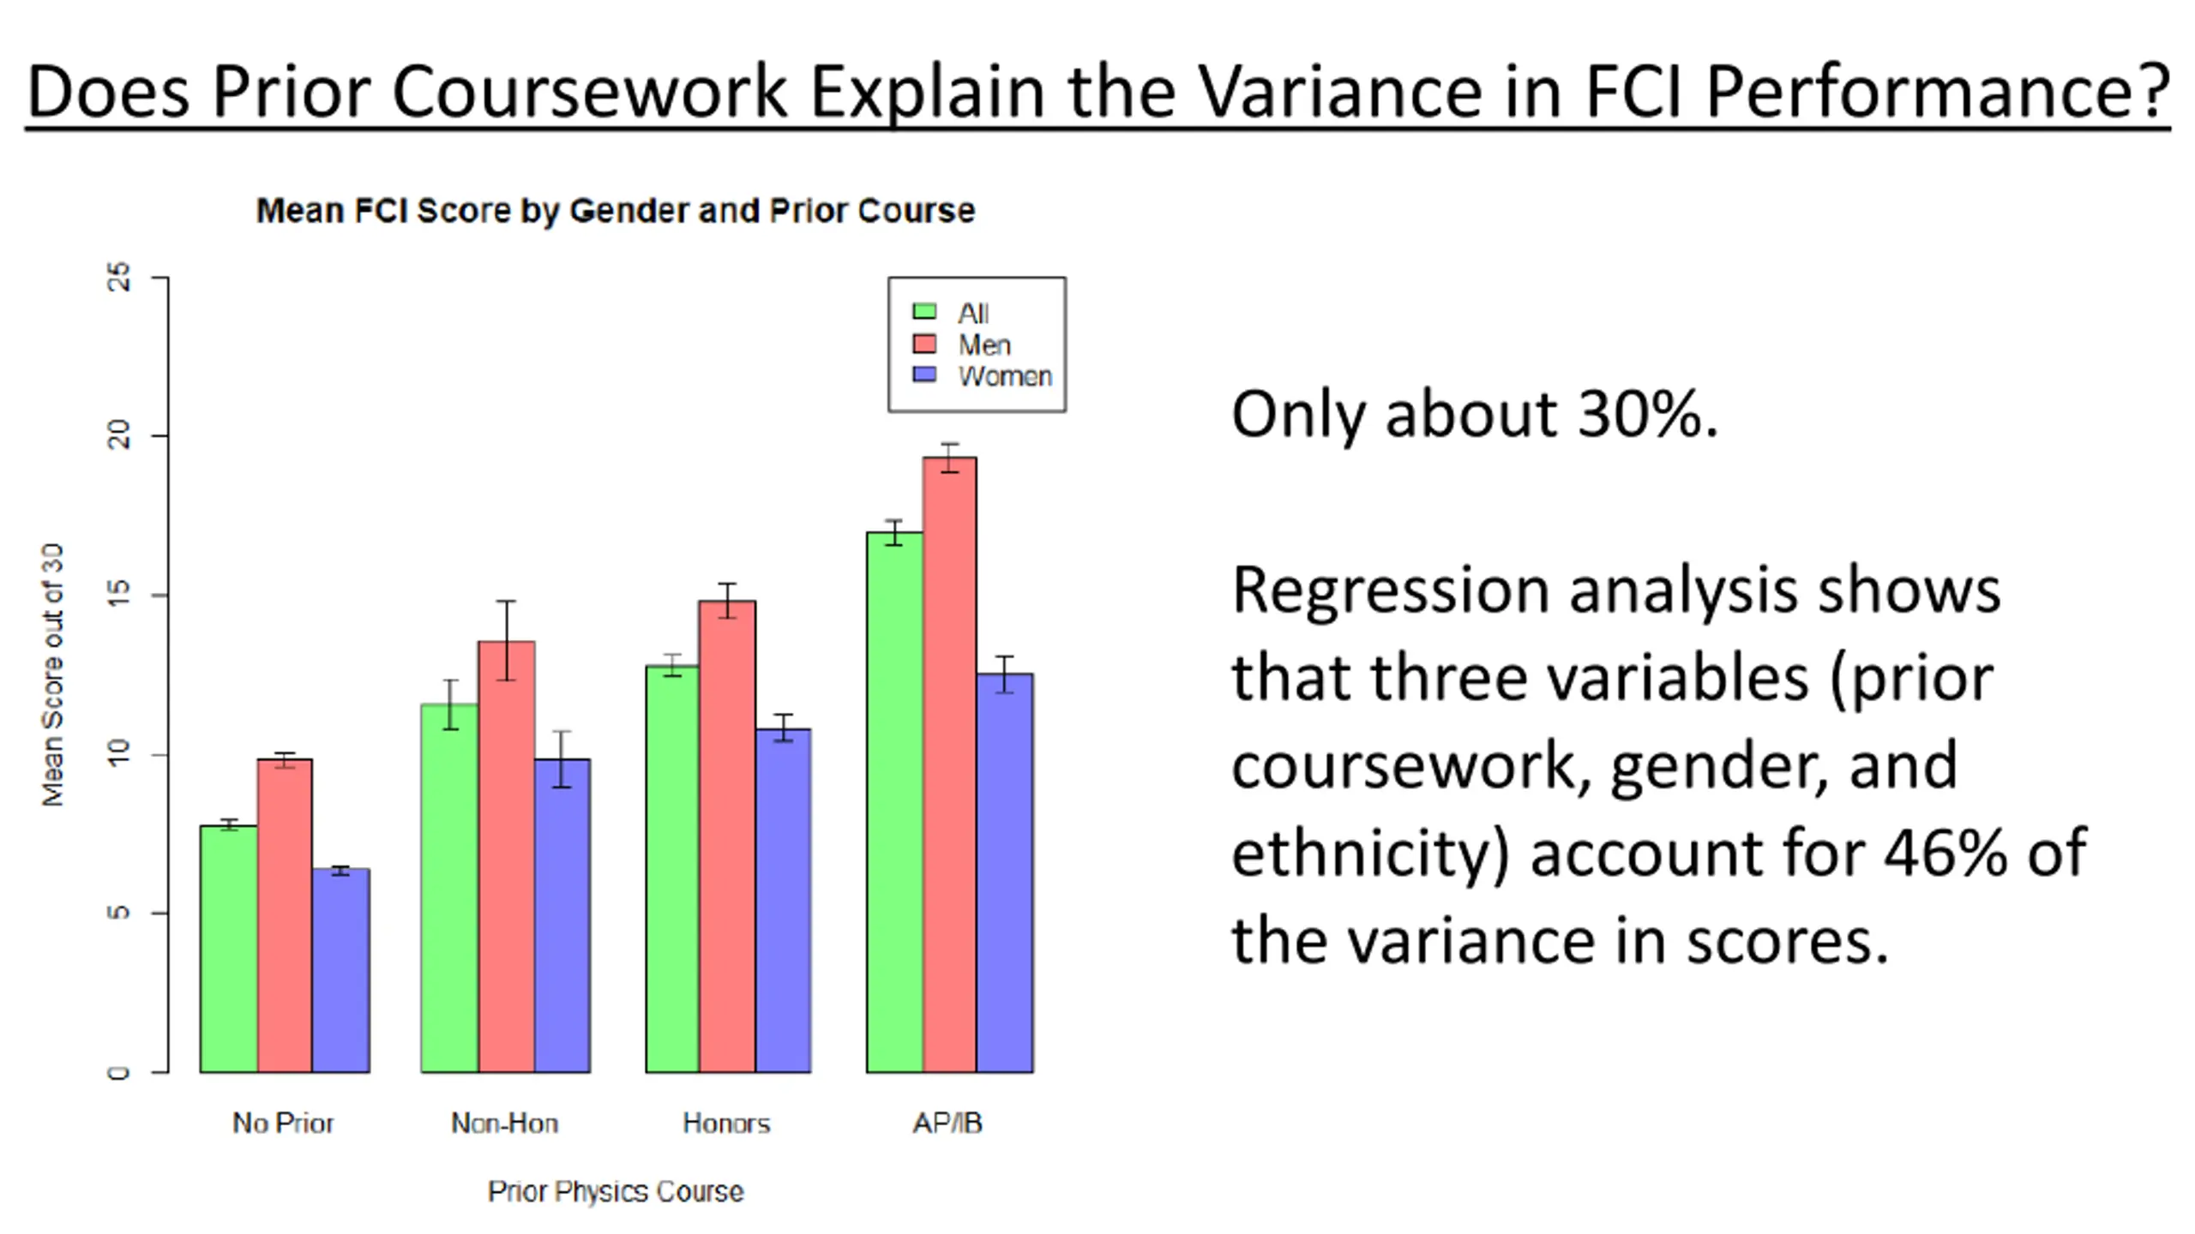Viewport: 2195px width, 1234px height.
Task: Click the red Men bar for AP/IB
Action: (949, 764)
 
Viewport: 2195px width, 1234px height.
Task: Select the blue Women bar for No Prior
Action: (340, 970)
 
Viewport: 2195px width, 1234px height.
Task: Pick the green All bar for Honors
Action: (672, 869)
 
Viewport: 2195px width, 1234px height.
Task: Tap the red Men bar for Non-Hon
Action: (507, 857)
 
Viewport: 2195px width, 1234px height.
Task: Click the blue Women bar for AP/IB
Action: (1005, 872)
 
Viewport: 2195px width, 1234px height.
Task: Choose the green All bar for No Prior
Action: (229, 949)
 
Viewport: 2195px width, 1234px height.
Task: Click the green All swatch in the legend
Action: (924, 312)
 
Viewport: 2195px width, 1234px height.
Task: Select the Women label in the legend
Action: (1005, 376)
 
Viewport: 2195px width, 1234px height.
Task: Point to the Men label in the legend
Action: (984, 344)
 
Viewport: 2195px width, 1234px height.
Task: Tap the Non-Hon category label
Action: (505, 1123)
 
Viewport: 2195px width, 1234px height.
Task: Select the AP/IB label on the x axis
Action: (947, 1123)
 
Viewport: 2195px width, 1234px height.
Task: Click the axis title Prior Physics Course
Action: (616, 1192)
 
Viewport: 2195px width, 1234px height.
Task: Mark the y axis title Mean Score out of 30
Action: (53, 674)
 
